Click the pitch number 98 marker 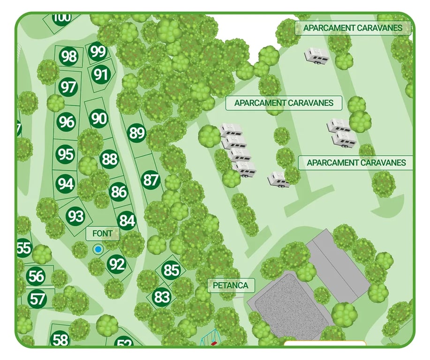pos(69,57)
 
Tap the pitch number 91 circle pos(101,75)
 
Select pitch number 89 pos(137,134)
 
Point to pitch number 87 pos(151,180)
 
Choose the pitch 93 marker pos(75,216)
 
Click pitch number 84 pos(127,220)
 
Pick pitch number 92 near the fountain pos(116,265)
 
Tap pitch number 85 pos(172,270)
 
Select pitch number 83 pos(161,297)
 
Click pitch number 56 pos(36,276)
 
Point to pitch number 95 pos(66,154)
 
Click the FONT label pos(103,233)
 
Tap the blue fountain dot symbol pos(98,250)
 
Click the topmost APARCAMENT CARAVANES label pos(353,28)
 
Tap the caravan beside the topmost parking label pos(317,55)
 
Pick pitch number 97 pos(68,87)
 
